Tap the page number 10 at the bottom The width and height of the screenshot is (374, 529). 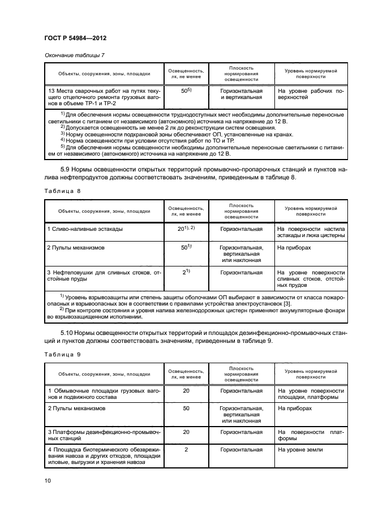[x=48, y=481]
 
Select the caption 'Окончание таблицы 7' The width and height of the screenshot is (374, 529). [x=74, y=55]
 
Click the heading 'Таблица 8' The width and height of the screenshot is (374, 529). [x=62, y=191]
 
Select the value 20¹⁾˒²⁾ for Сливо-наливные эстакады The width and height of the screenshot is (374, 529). [x=186, y=229]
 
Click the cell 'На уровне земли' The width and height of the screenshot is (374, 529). [x=300, y=449]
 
